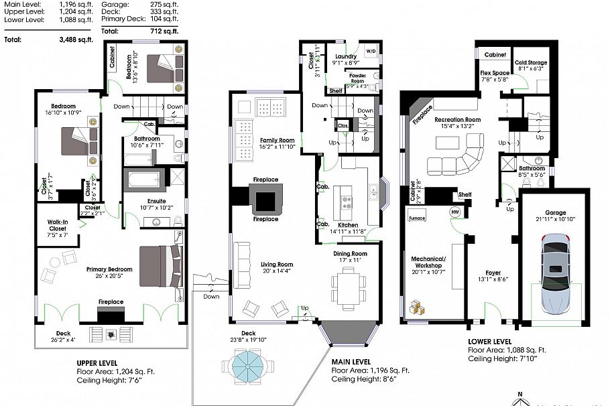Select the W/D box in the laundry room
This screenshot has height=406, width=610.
[x=371, y=50]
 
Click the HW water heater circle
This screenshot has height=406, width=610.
[x=455, y=212]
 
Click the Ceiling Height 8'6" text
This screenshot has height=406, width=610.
[x=370, y=379]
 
